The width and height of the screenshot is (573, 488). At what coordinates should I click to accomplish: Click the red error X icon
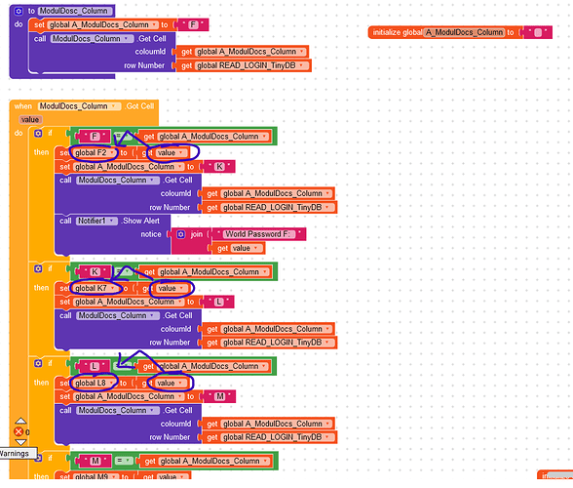click(x=19, y=430)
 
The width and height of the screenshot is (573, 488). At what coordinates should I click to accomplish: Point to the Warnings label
click(x=15, y=454)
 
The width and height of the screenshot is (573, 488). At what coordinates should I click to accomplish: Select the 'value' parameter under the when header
click(x=30, y=119)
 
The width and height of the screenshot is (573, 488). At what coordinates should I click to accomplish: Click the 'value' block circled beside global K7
click(x=167, y=288)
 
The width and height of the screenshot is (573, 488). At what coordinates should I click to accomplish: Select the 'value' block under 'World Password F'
click(x=240, y=248)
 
